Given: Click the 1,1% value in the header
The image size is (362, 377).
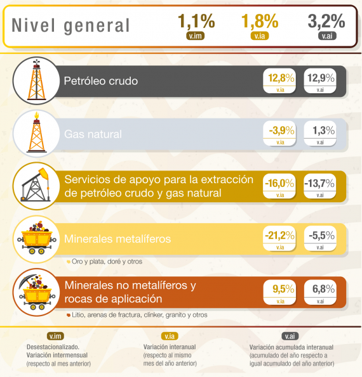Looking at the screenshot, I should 194,22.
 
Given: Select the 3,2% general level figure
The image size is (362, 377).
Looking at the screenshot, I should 326,22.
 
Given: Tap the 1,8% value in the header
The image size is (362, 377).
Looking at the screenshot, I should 260,22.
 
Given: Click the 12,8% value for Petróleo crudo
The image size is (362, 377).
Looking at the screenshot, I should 281,78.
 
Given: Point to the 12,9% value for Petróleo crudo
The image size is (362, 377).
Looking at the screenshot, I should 320,78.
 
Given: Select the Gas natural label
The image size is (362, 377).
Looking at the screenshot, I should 93,134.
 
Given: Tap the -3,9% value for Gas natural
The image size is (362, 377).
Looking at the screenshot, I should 281,131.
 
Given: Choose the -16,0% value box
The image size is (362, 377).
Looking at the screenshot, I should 280,184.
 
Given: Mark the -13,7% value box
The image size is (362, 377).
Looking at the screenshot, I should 320,184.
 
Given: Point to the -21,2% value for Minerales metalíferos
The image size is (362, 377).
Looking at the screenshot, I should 280,236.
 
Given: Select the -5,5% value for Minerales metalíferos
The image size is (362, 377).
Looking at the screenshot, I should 320,236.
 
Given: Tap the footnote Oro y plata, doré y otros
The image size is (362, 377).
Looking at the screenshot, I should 107,261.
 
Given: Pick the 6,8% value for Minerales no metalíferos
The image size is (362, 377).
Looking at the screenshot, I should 320,289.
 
